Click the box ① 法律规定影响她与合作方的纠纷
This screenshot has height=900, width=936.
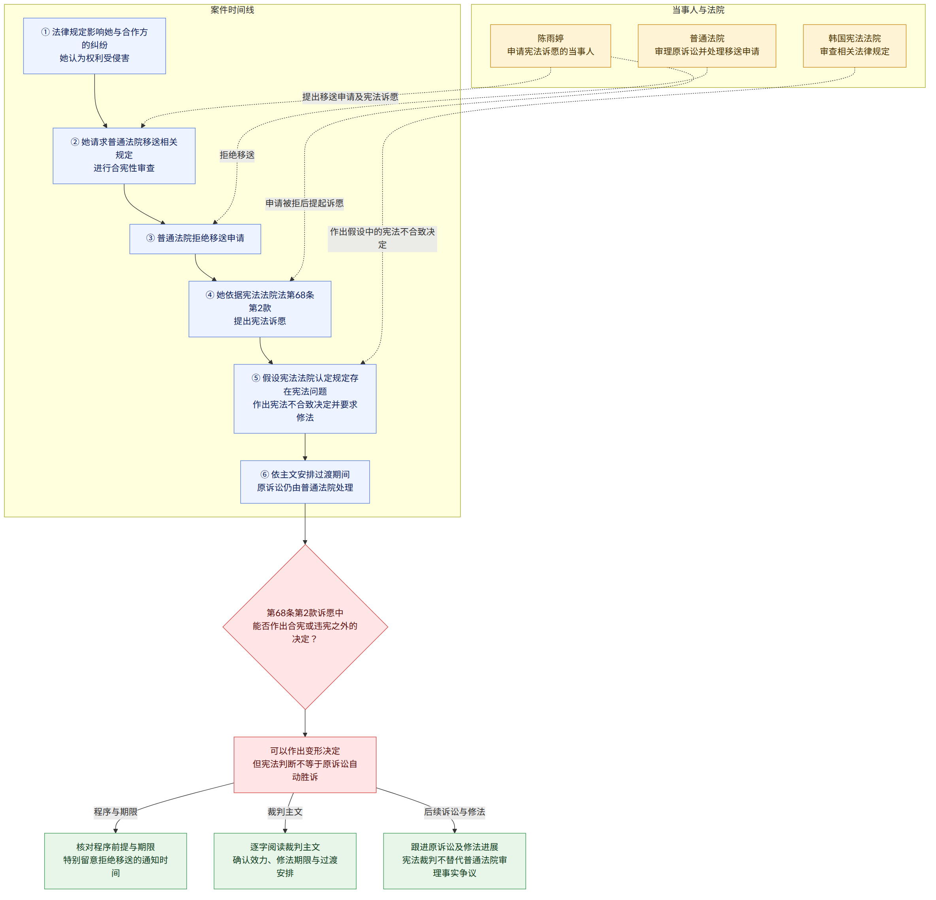pyautogui.click(x=94, y=46)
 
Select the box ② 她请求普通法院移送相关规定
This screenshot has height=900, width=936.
pyautogui.click(x=124, y=156)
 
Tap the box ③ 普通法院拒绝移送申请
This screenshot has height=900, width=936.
pyautogui.click(x=195, y=239)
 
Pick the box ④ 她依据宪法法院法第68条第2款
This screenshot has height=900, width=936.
pyautogui.click(x=260, y=309)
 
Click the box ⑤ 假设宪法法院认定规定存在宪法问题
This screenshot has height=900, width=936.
pyautogui.click(x=305, y=399)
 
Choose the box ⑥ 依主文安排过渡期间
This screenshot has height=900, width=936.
pyautogui.click(x=305, y=482)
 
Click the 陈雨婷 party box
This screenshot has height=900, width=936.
pyautogui.click(x=551, y=46)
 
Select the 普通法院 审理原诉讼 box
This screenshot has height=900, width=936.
pyautogui.click(x=707, y=46)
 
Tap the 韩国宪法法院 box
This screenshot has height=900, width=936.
pyautogui.click(x=855, y=46)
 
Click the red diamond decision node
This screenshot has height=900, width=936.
pyautogui.click(x=305, y=627)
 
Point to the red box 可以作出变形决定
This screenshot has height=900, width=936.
pyautogui.click(x=305, y=765)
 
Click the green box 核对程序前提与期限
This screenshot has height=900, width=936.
pyautogui.click(x=115, y=861)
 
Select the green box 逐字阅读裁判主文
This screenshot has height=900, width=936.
pyautogui.click(x=285, y=861)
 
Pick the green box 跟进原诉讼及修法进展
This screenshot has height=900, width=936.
pyautogui.click(x=455, y=861)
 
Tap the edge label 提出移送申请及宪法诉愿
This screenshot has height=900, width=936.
pyautogui.click(x=350, y=97)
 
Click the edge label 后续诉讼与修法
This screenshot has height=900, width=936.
pyautogui.click(x=455, y=812)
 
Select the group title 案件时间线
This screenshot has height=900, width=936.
pyautogui.click(x=232, y=10)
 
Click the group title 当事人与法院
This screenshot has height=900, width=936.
pyautogui.click(x=698, y=10)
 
